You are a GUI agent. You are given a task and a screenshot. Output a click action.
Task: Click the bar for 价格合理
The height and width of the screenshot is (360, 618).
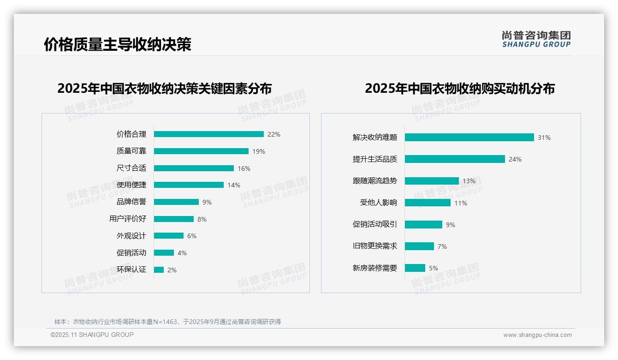pos(208,134)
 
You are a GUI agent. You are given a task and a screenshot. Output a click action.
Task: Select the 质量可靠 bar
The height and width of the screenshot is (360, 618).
pos(201,151)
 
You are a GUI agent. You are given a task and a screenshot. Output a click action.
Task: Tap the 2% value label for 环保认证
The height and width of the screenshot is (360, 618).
pos(172,270)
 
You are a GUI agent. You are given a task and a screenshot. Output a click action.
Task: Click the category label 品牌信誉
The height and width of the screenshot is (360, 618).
pos(131,202)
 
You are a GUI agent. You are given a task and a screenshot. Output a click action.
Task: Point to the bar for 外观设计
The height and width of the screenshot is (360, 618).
pos(168,236)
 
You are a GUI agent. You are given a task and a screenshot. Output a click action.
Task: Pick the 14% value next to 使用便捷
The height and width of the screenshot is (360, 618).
pos(233,185)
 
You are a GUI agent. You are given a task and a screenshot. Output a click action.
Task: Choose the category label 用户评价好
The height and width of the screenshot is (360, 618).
pos(128,219)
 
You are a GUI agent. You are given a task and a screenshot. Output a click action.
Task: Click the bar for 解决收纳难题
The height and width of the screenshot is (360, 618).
pos(469,138)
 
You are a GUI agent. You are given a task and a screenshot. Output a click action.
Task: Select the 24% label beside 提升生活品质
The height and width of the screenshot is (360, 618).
pos(515,159)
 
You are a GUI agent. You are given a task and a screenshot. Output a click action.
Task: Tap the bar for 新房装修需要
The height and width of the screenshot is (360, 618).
pos(415,268)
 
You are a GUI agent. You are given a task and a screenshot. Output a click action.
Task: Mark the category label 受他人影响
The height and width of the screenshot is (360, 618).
pos(379,203)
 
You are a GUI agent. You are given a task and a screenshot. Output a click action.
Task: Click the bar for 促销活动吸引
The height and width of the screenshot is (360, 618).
pos(423,225)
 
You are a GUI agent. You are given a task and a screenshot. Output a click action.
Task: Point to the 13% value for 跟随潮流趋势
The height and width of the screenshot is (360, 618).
pos(469,181)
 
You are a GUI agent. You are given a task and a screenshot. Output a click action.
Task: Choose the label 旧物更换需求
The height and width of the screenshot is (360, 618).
pos(375,246)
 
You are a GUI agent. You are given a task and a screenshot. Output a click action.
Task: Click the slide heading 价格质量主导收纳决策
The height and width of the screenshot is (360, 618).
pos(117,45)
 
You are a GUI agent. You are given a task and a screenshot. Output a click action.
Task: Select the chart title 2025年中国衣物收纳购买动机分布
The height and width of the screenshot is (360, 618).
pos(459,89)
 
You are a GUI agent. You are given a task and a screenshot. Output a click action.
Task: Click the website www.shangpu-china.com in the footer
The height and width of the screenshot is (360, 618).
pos(537,335)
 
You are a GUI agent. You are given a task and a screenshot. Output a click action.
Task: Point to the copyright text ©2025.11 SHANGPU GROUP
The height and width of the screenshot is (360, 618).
pos(92,335)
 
